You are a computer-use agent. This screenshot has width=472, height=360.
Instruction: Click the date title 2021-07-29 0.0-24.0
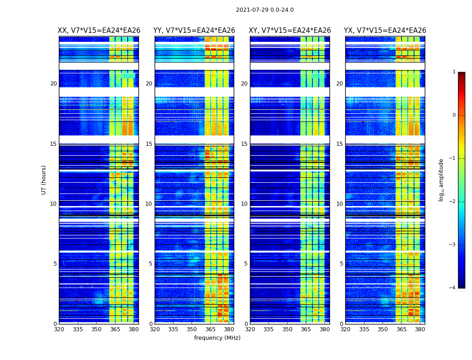click(265, 10)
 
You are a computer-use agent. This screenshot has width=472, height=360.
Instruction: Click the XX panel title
click(99, 31)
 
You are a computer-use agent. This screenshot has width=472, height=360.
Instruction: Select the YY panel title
click(194, 31)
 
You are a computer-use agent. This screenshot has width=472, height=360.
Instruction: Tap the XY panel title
click(290, 31)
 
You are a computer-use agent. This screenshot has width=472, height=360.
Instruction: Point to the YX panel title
click(385, 31)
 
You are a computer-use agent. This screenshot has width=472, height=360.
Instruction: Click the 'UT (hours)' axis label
click(44, 180)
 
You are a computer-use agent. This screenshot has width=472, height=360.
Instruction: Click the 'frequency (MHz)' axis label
click(217, 338)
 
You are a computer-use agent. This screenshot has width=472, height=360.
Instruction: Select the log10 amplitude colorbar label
click(441, 180)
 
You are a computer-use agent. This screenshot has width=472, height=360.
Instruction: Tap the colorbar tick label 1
click(454, 72)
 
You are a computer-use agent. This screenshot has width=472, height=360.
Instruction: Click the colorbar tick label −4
click(453, 288)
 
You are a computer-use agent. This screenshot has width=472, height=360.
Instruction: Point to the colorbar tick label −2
click(453, 202)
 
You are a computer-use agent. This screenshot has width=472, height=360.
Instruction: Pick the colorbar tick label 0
click(454, 115)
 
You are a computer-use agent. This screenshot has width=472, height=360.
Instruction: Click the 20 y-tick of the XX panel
click(53, 84)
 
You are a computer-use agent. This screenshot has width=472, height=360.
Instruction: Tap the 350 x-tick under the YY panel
click(192, 329)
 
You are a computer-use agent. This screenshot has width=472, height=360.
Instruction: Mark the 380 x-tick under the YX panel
click(420, 329)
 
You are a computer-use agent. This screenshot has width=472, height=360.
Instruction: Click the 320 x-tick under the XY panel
click(250, 329)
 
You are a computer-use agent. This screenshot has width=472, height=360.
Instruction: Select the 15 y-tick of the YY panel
click(148, 144)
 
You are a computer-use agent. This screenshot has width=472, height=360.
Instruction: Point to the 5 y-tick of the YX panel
click(341, 264)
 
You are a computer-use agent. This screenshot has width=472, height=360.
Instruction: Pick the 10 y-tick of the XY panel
click(244, 204)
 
